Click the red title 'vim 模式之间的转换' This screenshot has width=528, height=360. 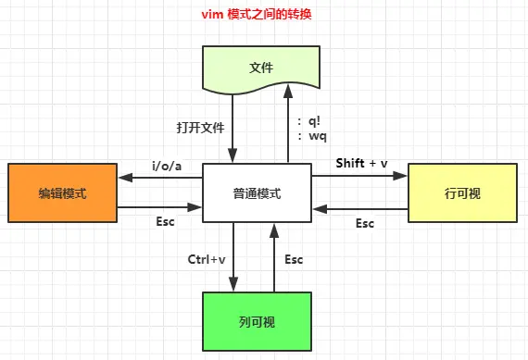[x=262, y=16]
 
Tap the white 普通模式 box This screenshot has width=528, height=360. [x=257, y=193]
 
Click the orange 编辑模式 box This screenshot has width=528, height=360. [x=61, y=193]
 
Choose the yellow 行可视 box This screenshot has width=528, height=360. [x=462, y=193]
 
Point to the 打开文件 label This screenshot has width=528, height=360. [x=200, y=126]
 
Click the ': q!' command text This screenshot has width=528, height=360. [x=311, y=120]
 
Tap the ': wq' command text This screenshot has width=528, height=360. [x=311, y=135]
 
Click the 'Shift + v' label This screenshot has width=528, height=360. [x=361, y=164]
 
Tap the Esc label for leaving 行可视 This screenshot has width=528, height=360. [x=365, y=223]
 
